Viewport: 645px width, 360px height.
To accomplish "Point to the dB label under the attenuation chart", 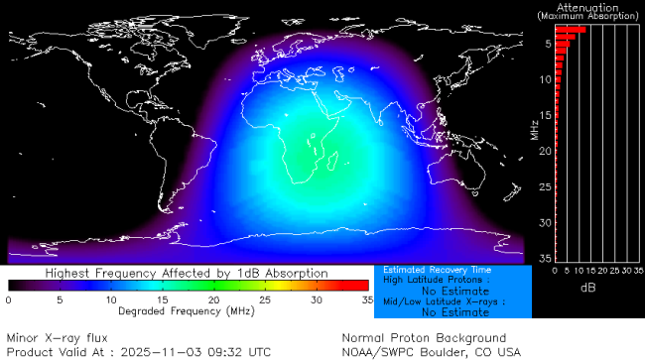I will click(x=587, y=286).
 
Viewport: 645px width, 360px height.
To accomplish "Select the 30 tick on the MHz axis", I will click(x=546, y=222).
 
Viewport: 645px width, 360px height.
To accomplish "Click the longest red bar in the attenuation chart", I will click(x=570, y=30).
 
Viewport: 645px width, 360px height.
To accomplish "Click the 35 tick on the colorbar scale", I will click(x=366, y=300).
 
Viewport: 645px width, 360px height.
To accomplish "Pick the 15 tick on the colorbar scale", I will click(x=162, y=300).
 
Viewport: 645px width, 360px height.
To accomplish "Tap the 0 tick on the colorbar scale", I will click(x=8, y=300).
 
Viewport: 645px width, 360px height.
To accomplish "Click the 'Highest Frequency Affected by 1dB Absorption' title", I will click(x=188, y=272).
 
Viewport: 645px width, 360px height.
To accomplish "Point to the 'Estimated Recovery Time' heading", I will click(x=425, y=270).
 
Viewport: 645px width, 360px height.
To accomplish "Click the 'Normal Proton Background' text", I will click(x=424, y=337).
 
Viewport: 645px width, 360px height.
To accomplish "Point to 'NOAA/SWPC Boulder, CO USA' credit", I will click(x=431, y=350).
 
